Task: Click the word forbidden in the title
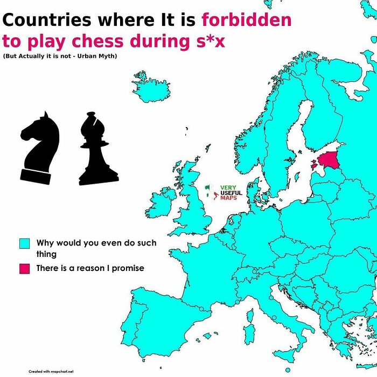[246, 20]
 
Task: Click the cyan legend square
[24, 243]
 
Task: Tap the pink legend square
[24, 268]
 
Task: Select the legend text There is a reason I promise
[90, 268]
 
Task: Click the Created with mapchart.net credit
[51, 371]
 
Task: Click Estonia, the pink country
[330, 159]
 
